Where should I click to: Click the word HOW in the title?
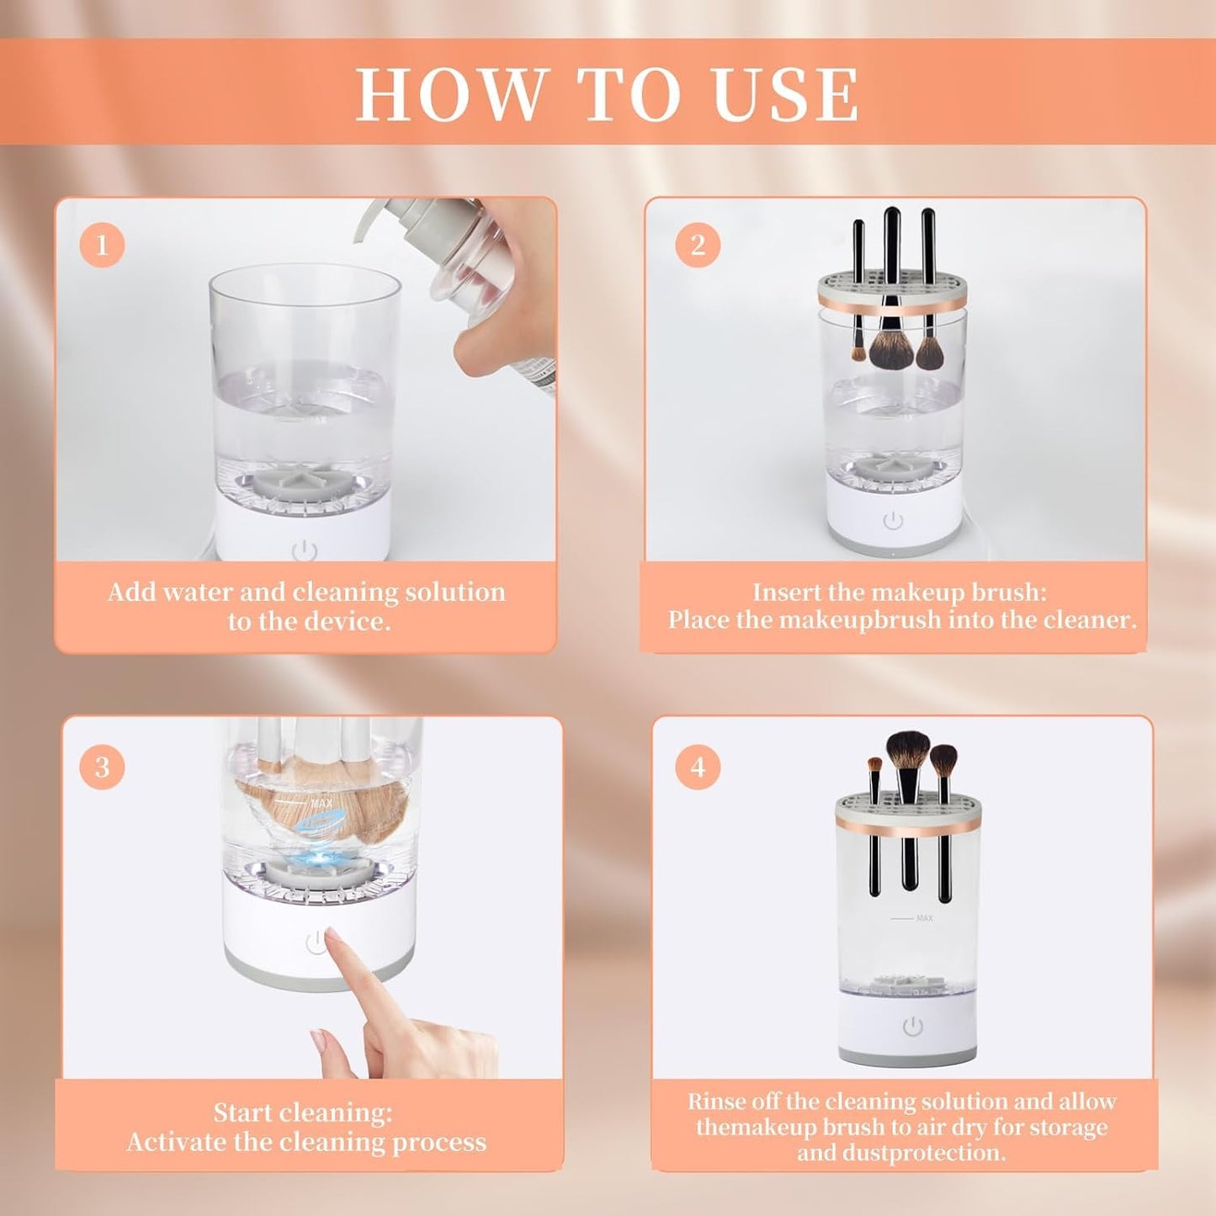[450, 93]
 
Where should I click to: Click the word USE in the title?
[786, 93]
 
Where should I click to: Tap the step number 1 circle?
[102, 245]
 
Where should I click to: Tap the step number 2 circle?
[698, 245]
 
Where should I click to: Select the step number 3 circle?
[102, 767]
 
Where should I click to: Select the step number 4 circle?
[698, 767]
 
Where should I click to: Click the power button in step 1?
[305, 552]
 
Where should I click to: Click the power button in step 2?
[893, 521]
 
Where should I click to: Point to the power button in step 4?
[912, 1027]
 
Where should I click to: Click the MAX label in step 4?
[924, 918]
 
